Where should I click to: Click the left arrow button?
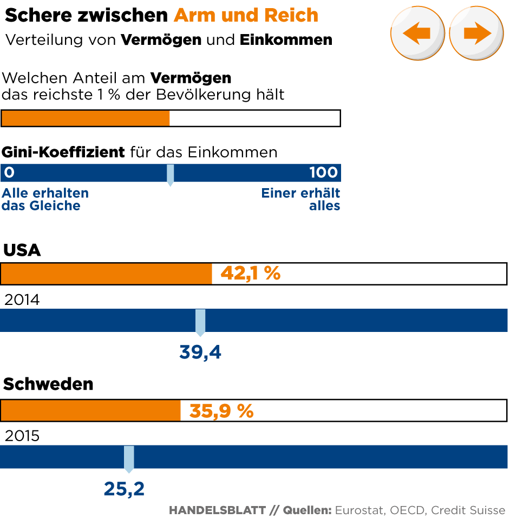(x=417, y=34)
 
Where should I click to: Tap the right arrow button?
(x=476, y=34)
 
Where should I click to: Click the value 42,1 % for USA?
(x=250, y=274)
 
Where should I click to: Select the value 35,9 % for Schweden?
(x=221, y=411)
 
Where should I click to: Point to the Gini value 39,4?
(x=200, y=352)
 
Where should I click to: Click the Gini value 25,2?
(x=124, y=489)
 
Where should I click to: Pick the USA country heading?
(x=22, y=250)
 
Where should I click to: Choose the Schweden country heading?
(x=48, y=384)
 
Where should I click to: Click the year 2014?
(x=22, y=300)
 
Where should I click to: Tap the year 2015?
(x=22, y=436)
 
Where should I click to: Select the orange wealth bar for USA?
(x=106, y=274)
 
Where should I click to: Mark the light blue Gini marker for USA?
(x=200, y=321)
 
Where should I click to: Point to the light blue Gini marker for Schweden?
(x=129, y=458)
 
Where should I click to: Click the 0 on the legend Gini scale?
(x=8, y=173)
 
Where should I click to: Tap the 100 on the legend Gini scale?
(x=323, y=173)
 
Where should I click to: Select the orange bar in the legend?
(x=86, y=118)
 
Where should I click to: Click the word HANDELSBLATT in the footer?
(x=217, y=510)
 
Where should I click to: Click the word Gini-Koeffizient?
(x=63, y=152)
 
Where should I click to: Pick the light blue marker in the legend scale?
(x=170, y=175)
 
